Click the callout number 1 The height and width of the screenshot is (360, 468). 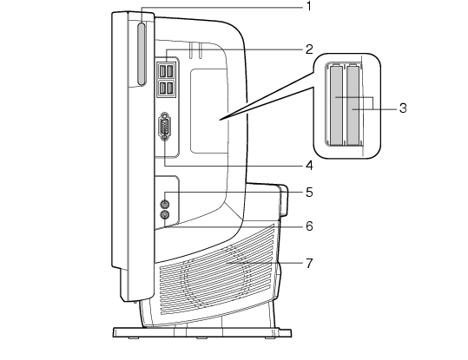[x=309, y=6]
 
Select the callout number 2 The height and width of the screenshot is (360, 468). [x=309, y=49]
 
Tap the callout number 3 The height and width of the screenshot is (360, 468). [x=403, y=108]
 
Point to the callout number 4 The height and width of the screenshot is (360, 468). [x=309, y=165]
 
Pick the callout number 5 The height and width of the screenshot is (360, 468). [x=309, y=193]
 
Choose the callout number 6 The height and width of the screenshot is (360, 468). [x=309, y=226]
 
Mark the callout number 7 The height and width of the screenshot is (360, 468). [x=309, y=264]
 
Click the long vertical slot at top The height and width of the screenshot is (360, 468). [x=142, y=54]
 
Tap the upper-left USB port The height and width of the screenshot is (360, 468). [x=162, y=71]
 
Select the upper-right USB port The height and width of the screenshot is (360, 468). [x=170, y=71]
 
